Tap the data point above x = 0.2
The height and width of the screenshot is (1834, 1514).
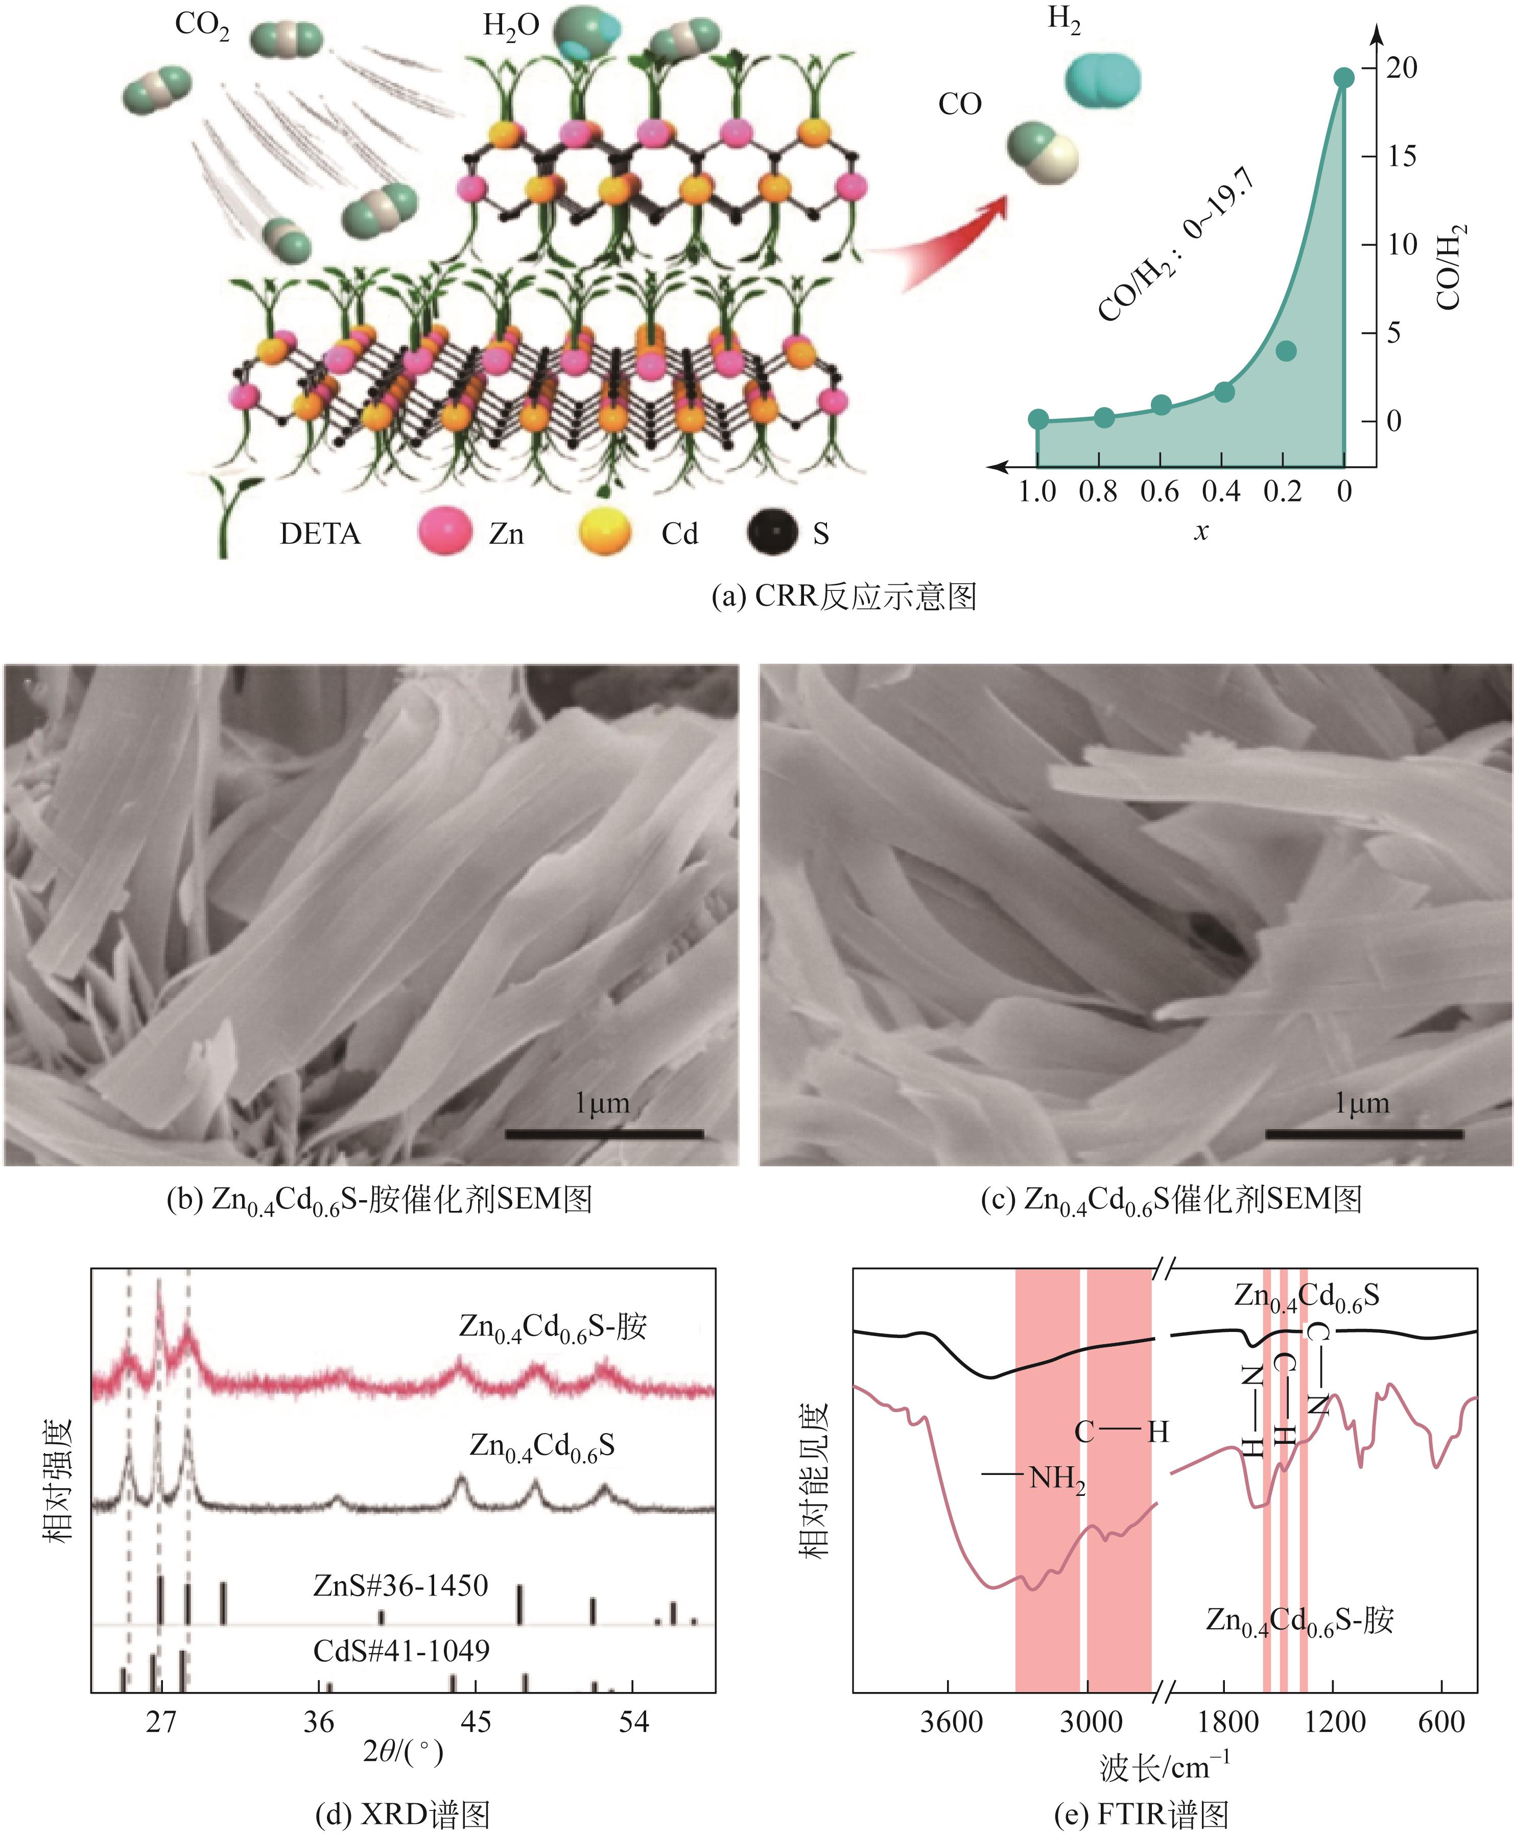click(1286, 350)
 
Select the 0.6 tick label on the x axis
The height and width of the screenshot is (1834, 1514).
click(1159, 492)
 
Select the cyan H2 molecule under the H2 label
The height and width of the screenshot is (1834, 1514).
click(1102, 79)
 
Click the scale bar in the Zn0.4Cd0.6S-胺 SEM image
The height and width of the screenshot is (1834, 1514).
click(604, 1134)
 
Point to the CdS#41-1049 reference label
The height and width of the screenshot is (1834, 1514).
click(401, 1651)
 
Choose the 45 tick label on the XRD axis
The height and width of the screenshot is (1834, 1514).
click(476, 1722)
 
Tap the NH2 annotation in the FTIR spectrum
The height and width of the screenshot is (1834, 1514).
click(1057, 1480)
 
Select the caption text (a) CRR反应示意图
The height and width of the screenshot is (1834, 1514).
click(843, 597)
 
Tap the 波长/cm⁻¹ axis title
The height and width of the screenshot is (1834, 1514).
click(1164, 1768)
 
